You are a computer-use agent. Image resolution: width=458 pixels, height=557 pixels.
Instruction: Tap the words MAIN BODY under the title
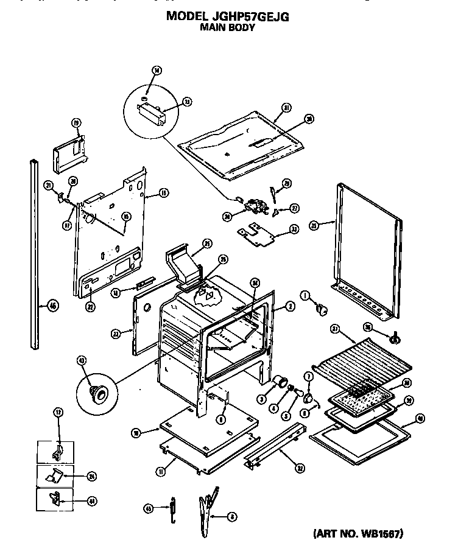point(228,27)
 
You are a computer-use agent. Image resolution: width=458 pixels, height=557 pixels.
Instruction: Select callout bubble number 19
point(76,123)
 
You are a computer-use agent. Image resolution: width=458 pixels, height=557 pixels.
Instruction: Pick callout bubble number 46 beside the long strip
point(53,306)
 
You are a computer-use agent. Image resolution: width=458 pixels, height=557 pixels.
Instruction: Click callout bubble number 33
point(295,229)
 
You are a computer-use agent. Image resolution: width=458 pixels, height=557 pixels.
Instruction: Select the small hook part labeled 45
point(172,508)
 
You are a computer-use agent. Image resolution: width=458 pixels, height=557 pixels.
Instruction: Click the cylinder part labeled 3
point(281,382)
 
